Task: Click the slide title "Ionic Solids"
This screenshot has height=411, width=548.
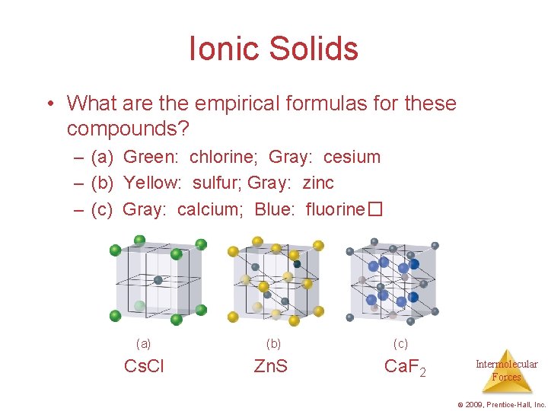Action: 274,49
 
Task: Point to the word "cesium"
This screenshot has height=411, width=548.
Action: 352,158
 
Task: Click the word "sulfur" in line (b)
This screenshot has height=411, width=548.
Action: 217,183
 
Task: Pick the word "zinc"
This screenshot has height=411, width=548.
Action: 318,183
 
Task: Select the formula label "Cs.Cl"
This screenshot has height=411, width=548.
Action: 144,366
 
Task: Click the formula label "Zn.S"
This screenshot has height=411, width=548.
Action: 270,366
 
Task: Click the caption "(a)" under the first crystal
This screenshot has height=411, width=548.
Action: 143,343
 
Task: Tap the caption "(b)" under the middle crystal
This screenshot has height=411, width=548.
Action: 274,343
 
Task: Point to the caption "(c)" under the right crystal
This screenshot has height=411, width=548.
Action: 400,343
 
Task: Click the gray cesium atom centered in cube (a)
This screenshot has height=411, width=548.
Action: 158,279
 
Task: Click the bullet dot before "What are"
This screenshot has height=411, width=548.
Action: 49,104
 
